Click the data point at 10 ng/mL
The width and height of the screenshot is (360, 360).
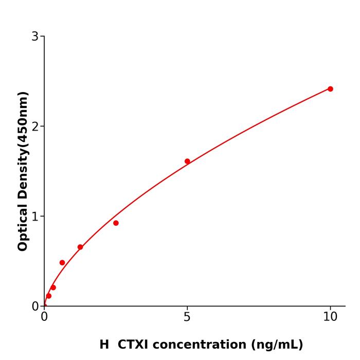(x=330, y=89)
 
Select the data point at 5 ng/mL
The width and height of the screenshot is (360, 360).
(x=187, y=161)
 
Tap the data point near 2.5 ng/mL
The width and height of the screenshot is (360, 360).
(x=116, y=223)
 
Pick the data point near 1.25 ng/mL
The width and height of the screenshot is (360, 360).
(x=80, y=247)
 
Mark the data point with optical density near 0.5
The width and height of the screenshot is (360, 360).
(x=62, y=263)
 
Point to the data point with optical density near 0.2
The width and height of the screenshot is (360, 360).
(x=53, y=287)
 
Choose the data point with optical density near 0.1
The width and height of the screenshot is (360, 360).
(x=49, y=296)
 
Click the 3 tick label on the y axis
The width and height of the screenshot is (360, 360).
(x=35, y=37)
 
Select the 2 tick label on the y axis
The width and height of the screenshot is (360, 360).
(x=35, y=127)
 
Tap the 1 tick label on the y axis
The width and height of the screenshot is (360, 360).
(x=35, y=217)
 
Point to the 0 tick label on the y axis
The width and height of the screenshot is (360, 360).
(x=35, y=307)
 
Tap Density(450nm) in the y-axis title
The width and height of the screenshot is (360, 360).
(x=23, y=146)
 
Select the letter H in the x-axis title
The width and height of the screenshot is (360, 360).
(x=104, y=345)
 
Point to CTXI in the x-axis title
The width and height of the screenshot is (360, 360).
(x=133, y=345)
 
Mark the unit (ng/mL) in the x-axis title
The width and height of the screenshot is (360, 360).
(x=276, y=345)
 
